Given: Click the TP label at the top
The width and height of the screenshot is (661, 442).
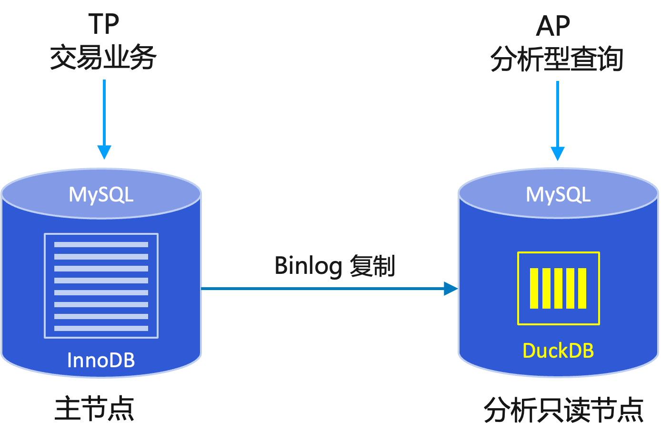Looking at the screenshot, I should [103, 24].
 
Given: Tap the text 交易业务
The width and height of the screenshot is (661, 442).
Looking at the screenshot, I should [103, 58].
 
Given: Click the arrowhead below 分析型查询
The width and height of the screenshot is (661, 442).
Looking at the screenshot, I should [557, 154].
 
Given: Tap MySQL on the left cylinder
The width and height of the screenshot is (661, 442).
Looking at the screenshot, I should [101, 194].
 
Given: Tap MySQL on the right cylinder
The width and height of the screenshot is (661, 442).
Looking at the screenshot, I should [558, 194].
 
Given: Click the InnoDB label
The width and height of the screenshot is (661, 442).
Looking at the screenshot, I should [101, 360].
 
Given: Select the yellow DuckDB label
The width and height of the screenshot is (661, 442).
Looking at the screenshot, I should [558, 351].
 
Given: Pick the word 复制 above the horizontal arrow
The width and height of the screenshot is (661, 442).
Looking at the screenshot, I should [372, 266].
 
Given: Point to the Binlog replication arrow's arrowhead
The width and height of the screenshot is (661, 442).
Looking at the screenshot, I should [451, 289].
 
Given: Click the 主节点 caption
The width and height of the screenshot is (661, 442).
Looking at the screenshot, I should [94, 409].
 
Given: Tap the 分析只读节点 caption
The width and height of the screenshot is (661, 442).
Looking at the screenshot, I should [564, 410].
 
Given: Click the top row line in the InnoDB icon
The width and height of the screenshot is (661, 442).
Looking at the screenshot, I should [101, 245].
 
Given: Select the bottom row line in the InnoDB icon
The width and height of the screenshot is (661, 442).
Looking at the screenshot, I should [101, 328].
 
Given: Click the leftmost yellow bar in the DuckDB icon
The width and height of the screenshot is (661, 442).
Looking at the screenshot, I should [534, 288].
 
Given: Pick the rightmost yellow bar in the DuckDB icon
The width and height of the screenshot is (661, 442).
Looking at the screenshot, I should [582, 288].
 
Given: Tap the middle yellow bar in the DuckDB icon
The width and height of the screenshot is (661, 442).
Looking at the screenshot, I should [558, 288].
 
